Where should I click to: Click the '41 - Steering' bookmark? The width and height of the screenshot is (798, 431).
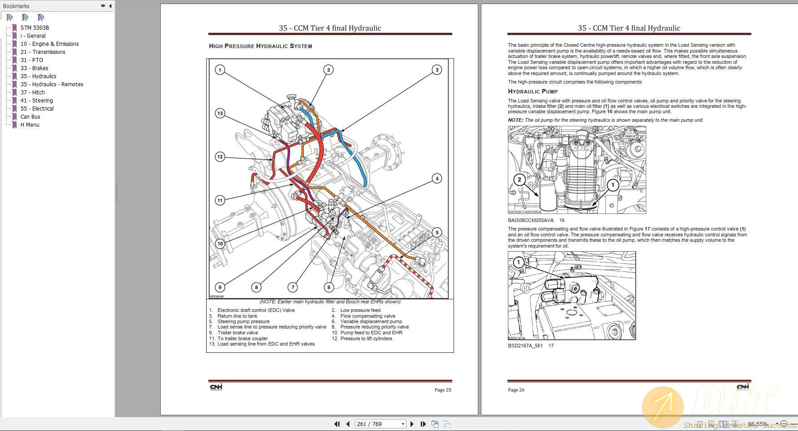tap(36, 101)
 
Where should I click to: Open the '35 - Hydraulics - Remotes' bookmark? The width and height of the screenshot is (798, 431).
tap(52, 84)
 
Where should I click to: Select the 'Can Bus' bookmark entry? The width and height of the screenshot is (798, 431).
tap(30, 117)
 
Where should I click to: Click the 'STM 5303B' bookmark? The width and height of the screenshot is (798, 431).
tap(35, 28)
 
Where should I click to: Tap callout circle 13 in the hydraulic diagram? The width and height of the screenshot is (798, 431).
tap(220, 113)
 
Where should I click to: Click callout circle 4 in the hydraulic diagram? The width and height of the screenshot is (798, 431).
tap(437, 178)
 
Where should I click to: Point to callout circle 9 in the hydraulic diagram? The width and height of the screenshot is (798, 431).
tap(220, 287)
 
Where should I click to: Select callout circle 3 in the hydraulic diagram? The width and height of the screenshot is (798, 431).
tap(437, 70)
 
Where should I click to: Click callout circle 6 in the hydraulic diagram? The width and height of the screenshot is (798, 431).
tap(329, 287)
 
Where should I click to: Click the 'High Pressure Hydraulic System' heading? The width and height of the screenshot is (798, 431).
tap(260, 46)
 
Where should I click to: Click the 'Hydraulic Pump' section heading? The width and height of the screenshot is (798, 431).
tap(533, 92)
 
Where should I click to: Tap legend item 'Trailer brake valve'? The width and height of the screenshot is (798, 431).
tap(238, 333)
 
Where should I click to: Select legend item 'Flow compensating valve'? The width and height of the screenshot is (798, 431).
tap(368, 316)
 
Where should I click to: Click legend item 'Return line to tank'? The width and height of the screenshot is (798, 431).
tap(237, 316)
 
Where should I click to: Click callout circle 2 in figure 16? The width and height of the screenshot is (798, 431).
tap(520, 180)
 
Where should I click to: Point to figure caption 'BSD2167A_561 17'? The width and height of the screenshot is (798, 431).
tap(530, 346)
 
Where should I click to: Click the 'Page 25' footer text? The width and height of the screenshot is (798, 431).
tap(442, 390)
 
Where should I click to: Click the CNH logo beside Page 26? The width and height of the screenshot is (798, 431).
tap(743, 387)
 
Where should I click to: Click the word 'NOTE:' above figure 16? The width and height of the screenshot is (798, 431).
tap(516, 120)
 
